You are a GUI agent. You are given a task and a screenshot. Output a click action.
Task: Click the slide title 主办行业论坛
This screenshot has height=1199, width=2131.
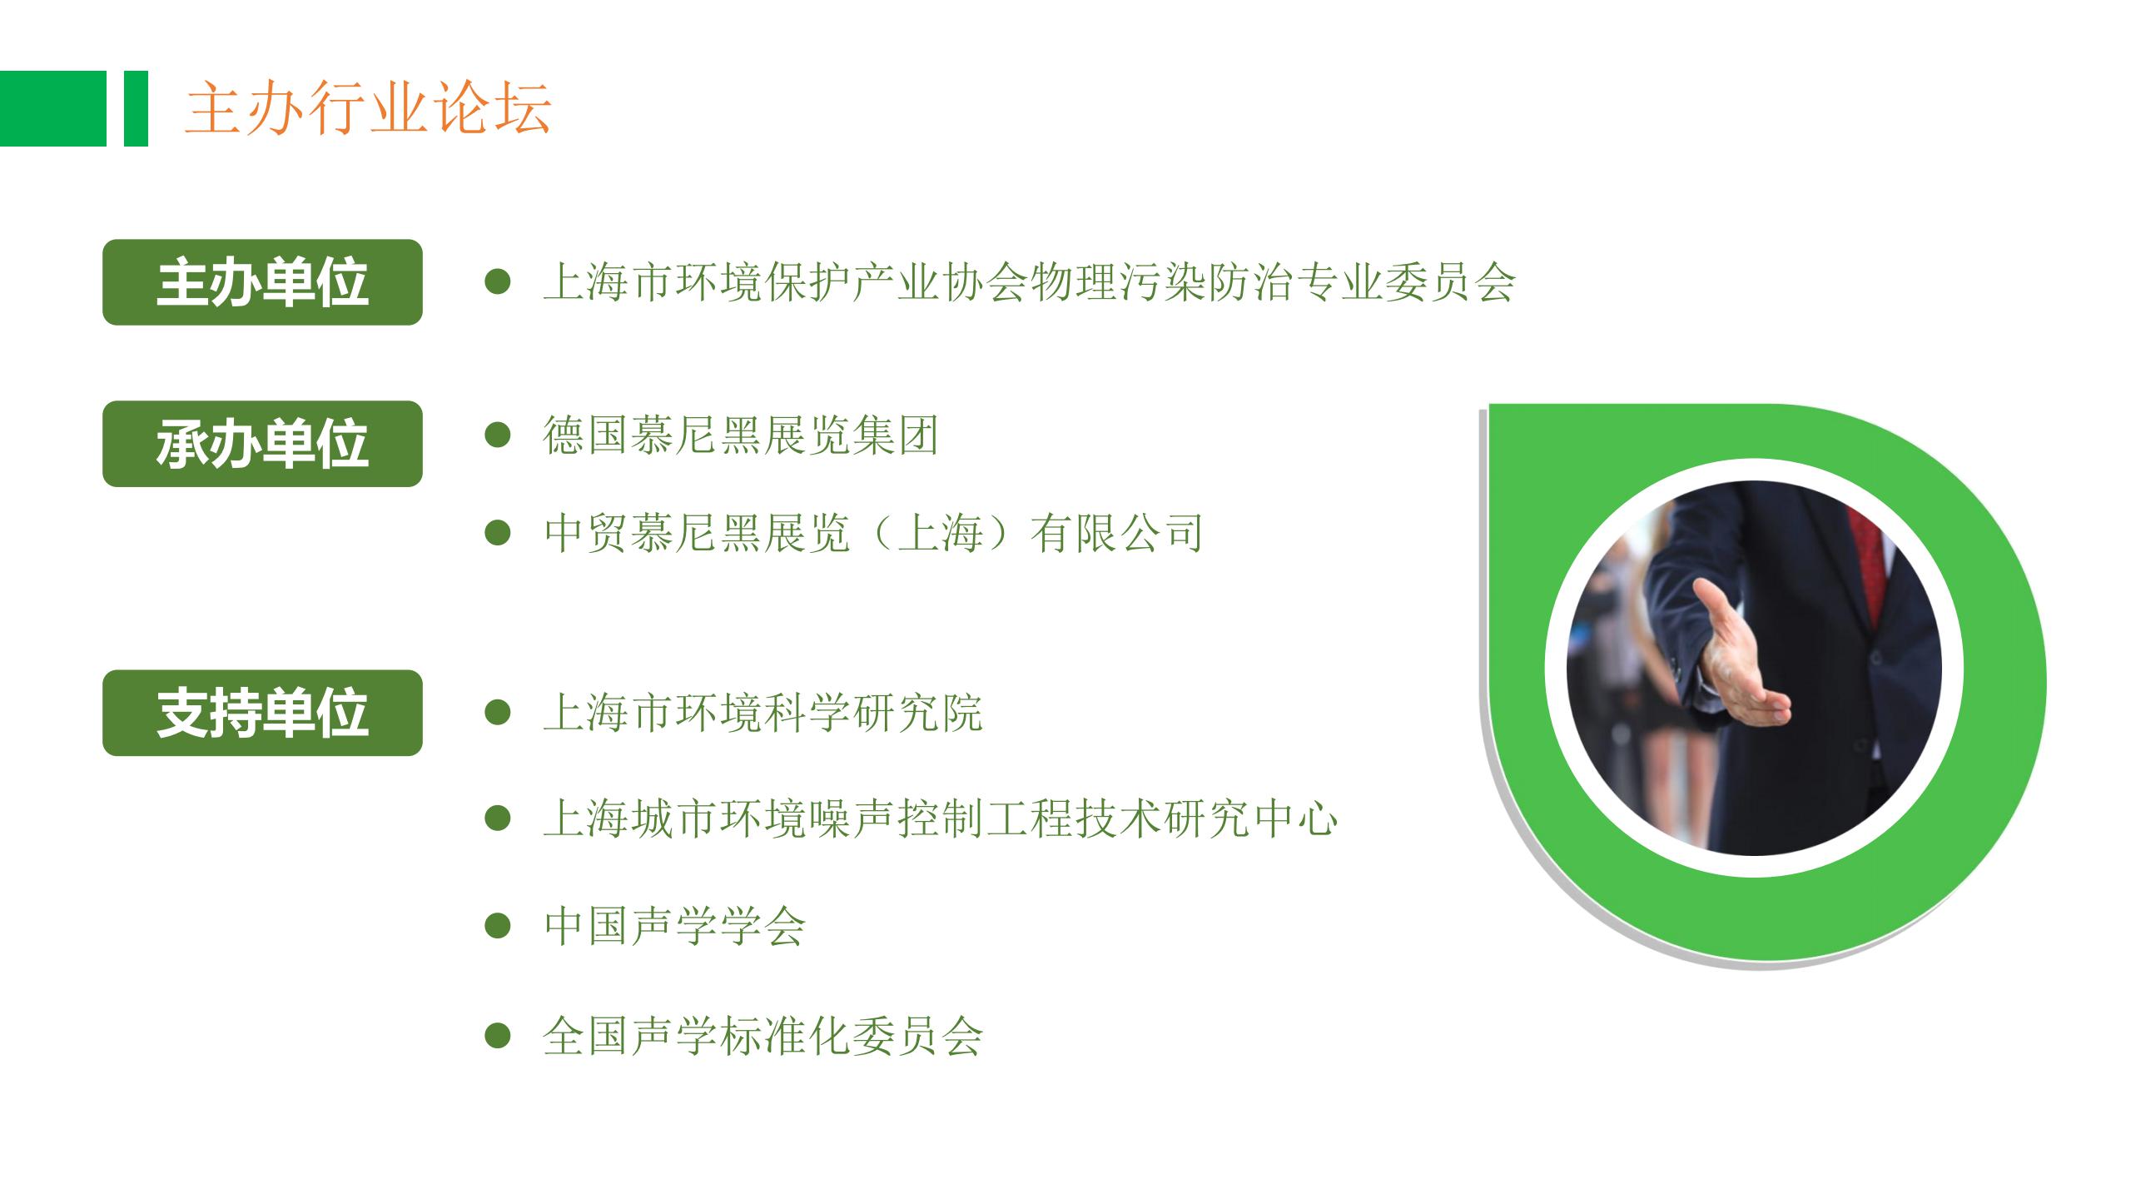[368, 108]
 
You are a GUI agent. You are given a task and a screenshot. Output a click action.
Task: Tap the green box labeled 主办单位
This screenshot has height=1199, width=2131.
[262, 282]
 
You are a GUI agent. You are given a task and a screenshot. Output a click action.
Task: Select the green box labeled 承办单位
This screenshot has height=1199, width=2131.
[262, 444]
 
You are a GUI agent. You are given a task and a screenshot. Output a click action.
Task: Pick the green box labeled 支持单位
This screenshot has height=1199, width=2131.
[262, 713]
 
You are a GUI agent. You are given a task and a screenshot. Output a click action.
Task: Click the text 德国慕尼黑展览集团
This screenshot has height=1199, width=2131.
[741, 435]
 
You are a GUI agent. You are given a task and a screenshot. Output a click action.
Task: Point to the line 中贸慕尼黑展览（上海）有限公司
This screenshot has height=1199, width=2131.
[873, 533]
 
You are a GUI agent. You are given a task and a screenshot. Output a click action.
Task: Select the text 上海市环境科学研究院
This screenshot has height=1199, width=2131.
[762, 713]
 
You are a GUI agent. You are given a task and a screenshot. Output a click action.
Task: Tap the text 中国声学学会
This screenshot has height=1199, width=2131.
[674, 926]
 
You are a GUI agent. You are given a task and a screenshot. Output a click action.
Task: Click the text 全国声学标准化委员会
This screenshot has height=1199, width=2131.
[762, 1036]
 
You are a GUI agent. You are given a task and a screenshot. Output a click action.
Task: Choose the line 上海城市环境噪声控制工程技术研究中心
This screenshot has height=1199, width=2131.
[940, 818]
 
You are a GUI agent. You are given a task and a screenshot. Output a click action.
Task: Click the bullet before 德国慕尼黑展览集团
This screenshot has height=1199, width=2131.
[498, 435]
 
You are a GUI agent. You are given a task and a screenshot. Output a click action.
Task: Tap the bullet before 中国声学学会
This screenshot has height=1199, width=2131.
[498, 926]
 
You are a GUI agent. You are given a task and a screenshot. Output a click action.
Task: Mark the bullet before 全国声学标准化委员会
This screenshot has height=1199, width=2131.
[498, 1036]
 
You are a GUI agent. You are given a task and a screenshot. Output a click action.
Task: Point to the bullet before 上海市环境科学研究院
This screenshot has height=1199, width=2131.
[498, 713]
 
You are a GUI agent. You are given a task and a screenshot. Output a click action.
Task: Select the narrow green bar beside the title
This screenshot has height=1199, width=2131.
[136, 108]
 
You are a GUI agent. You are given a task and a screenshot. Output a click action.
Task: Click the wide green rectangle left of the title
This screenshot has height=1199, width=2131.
[53, 108]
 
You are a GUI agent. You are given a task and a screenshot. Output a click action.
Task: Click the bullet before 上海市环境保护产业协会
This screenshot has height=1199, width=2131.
[498, 281]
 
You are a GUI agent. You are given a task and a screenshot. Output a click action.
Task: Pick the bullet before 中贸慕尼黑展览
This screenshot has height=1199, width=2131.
[498, 533]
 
